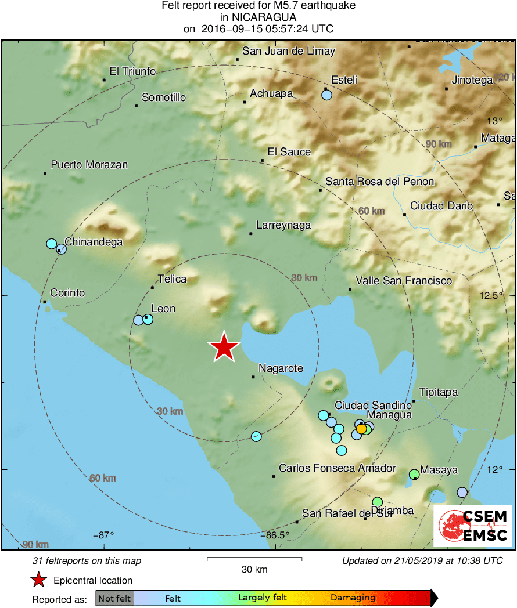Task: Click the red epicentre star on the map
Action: tap(224, 347)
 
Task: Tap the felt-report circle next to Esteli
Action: tap(326, 95)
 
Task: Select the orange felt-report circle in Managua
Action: tap(361, 429)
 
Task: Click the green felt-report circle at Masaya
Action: tap(414, 474)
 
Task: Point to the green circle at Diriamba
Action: tap(378, 502)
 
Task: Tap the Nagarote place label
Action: tap(281, 368)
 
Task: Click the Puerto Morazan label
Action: tap(89, 165)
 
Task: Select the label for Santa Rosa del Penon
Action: tap(379, 182)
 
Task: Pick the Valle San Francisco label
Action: tap(404, 281)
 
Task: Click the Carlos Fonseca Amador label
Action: tap(338, 468)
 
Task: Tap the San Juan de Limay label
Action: tap(289, 51)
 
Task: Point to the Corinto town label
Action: tap(67, 293)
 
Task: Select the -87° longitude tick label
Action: tap(104, 535)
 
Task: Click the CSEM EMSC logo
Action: tap(472, 526)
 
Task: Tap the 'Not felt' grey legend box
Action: tap(114, 598)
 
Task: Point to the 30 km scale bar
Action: tap(254, 559)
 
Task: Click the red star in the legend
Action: tap(39, 580)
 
